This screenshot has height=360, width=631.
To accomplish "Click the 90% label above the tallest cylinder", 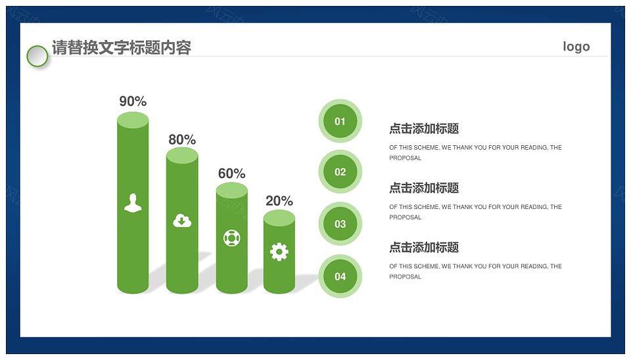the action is (x=133, y=101).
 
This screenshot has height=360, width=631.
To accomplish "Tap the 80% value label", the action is (x=182, y=139).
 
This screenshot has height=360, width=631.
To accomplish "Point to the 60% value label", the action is (x=232, y=173).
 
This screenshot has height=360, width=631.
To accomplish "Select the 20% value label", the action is (x=279, y=201).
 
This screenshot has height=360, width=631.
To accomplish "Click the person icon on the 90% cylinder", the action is (x=133, y=202).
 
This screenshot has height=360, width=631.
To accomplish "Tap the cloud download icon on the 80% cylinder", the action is (x=182, y=221).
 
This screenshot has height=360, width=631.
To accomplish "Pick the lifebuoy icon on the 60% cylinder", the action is (x=232, y=238).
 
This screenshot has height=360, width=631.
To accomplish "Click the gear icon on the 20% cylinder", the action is (x=279, y=252).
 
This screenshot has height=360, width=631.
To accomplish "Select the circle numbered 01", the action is (x=340, y=121).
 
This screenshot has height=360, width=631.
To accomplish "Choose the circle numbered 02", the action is (x=340, y=171).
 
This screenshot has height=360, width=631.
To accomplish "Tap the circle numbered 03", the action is (x=340, y=223).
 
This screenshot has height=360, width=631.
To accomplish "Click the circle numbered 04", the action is (x=340, y=277).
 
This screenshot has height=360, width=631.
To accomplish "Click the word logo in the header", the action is (x=576, y=47).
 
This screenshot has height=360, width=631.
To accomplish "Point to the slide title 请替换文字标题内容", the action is (x=122, y=47).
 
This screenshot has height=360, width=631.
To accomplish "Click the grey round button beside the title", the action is (x=37, y=56).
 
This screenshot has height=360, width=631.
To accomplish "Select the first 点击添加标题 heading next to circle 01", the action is (x=424, y=129).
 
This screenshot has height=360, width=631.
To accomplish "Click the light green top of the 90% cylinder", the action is (x=133, y=120).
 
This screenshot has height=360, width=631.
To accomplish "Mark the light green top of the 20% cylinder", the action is (x=279, y=218).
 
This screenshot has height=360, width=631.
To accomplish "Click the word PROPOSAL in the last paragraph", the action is (x=406, y=277).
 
